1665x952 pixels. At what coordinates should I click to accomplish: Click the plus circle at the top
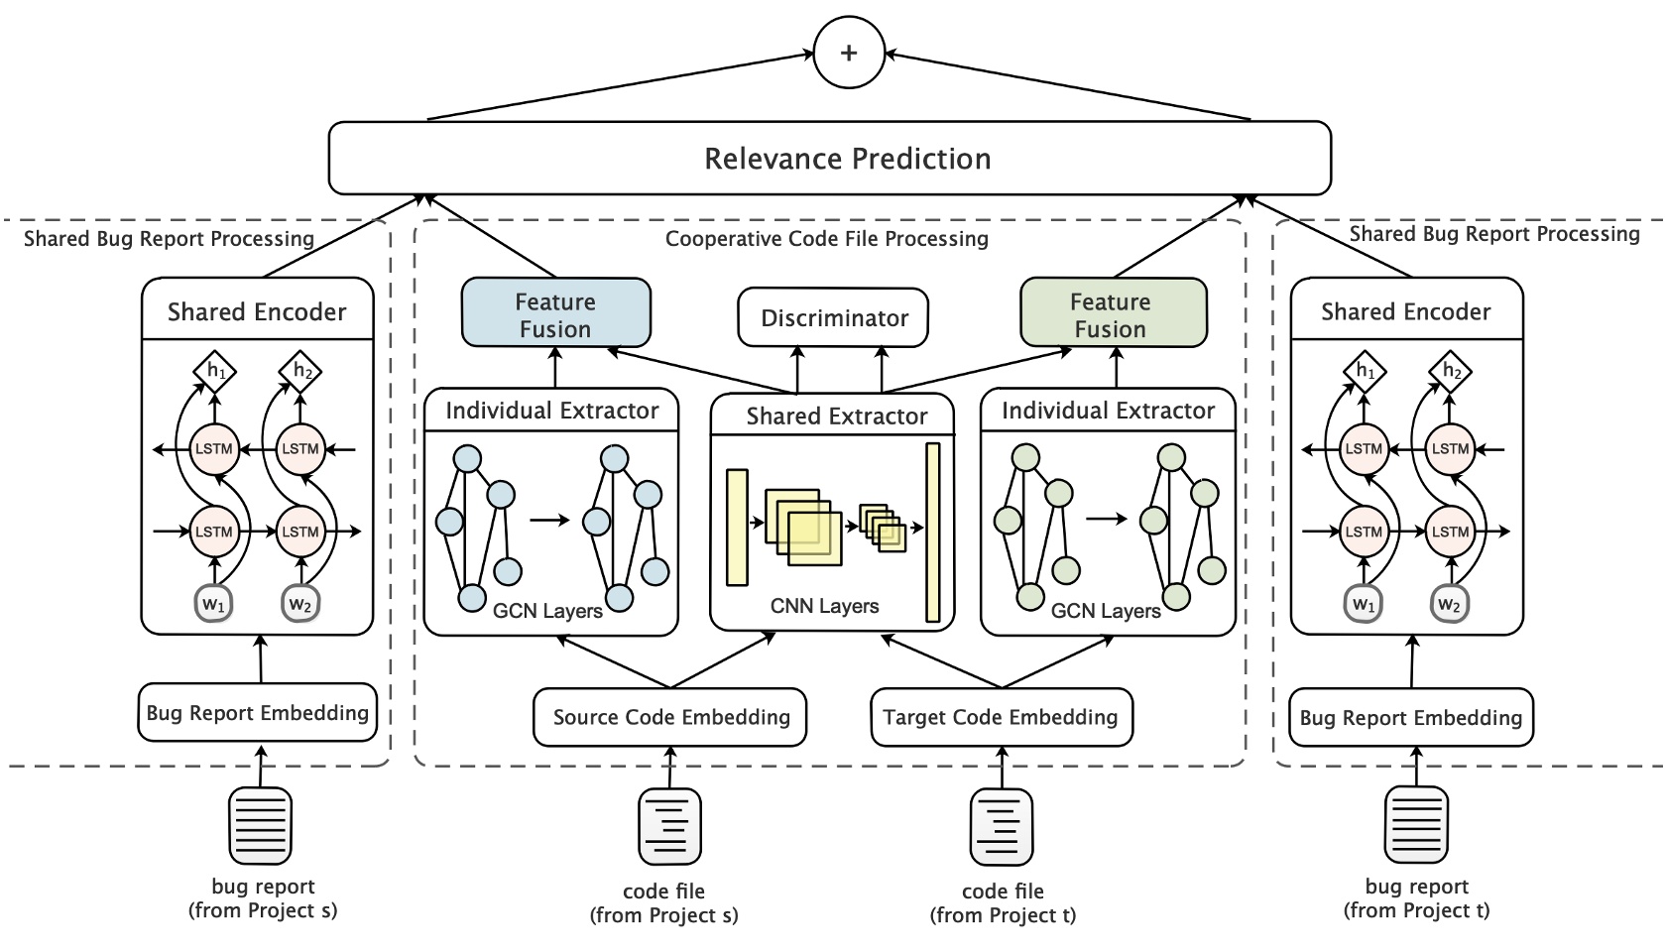pyautogui.click(x=848, y=53)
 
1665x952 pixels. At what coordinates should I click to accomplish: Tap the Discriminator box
pyautogui.click(x=834, y=318)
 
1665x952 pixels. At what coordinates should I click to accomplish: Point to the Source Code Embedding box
pyautogui.click(x=670, y=717)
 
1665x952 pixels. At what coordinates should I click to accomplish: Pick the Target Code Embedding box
pyautogui.click(x=1001, y=717)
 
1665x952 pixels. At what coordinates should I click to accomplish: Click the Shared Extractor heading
pyautogui.click(x=836, y=416)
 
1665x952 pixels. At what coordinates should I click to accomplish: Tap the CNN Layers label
pyautogui.click(x=824, y=606)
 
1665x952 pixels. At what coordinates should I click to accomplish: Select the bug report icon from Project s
pyautogui.click(x=261, y=826)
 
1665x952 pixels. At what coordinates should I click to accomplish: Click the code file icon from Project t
pyautogui.click(x=1001, y=826)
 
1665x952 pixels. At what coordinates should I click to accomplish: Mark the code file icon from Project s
pyautogui.click(x=670, y=826)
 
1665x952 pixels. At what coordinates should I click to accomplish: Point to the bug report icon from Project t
pyautogui.click(x=1416, y=826)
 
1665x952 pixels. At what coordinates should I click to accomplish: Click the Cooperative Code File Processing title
pyautogui.click(x=826, y=239)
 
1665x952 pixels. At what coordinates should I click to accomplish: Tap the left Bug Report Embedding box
pyautogui.click(x=258, y=713)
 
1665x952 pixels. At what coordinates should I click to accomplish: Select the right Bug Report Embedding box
pyautogui.click(x=1411, y=718)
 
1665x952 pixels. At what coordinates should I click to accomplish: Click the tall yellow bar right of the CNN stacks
pyautogui.click(x=932, y=533)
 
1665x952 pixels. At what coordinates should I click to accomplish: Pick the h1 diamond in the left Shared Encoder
pyautogui.click(x=215, y=371)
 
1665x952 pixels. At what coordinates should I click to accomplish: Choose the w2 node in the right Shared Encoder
pyautogui.click(x=1449, y=604)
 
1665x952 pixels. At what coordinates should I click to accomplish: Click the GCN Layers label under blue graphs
pyautogui.click(x=547, y=611)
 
